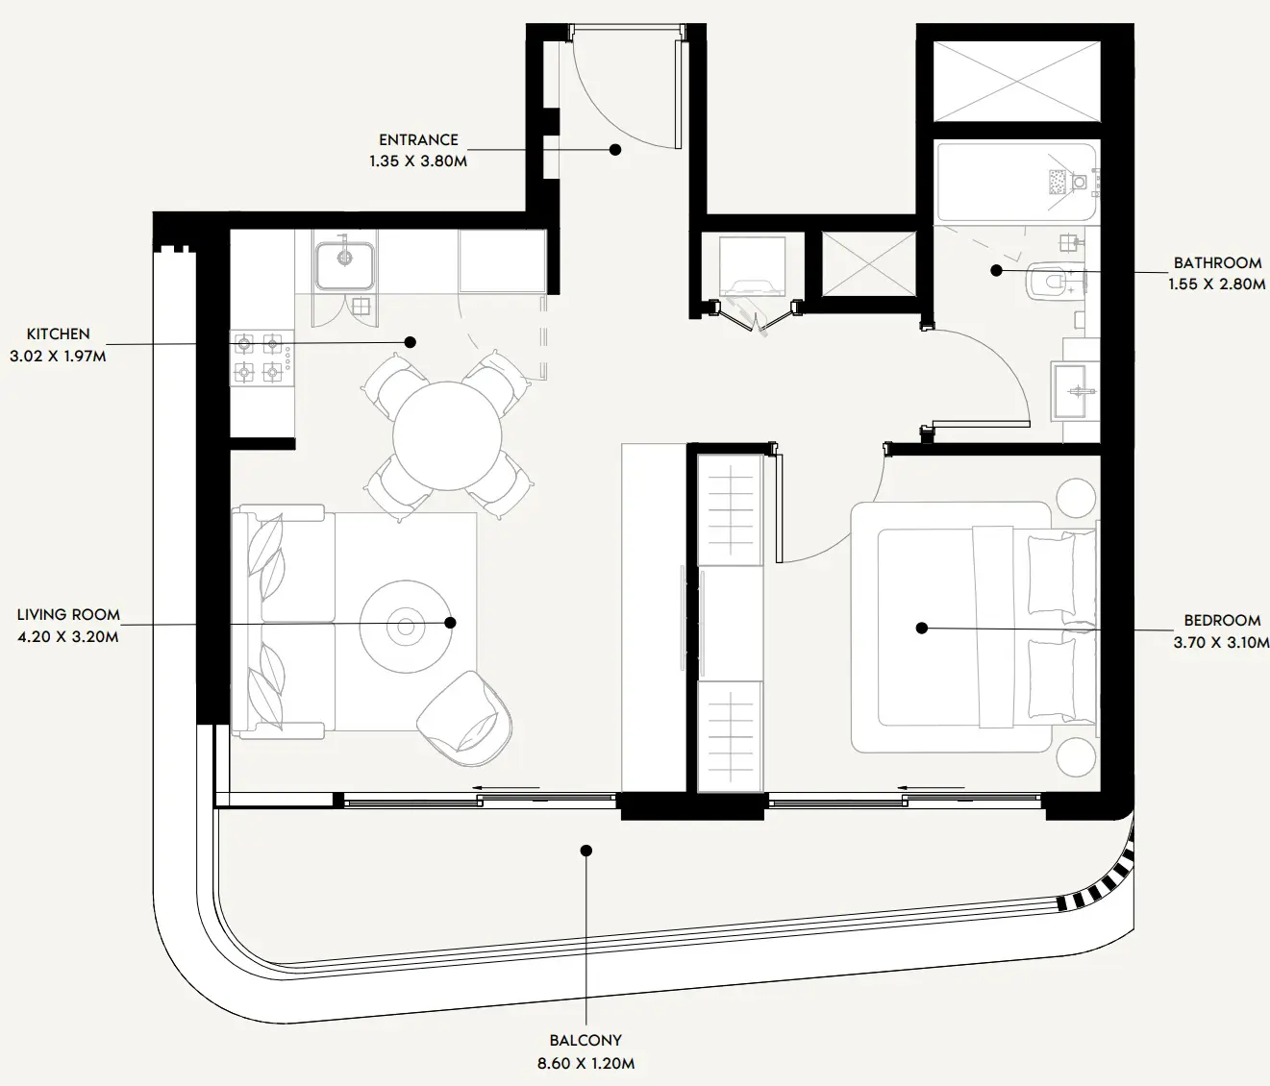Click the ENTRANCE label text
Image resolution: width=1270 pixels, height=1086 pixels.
point(418,140)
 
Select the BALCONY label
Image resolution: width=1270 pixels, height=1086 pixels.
point(585,1040)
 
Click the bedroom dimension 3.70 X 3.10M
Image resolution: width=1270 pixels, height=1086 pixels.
point(1221,643)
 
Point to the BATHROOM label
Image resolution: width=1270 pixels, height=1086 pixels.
point(1217,262)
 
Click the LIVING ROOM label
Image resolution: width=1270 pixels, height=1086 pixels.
point(69,615)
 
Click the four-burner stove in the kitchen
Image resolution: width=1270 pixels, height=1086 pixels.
point(261,357)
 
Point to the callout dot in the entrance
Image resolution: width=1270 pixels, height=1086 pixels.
point(615,149)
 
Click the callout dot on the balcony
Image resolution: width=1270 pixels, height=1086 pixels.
point(585,851)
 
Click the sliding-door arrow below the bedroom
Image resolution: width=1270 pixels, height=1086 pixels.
point(932,787)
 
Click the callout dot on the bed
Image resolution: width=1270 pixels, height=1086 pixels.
point(921,628)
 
